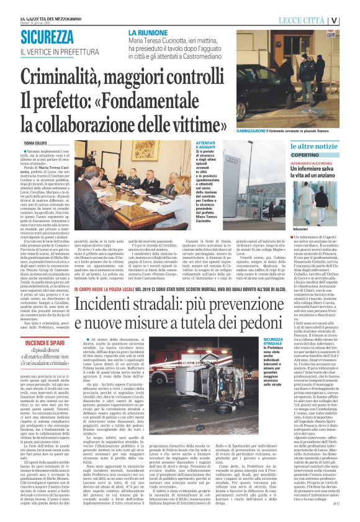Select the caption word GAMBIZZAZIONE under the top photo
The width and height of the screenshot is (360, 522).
click(253, 132)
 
